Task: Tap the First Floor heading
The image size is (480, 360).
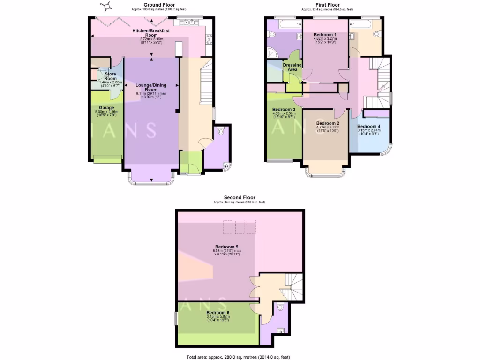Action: click(327, 5)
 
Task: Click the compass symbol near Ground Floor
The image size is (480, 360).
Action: click(107, 6)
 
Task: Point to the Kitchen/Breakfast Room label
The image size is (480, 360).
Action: click(151, 32)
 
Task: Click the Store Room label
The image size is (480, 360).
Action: click(110, 75)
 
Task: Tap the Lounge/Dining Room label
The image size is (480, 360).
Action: click(151, 87)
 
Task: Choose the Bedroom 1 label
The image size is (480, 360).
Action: click(325, 35)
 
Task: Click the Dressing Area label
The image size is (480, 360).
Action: click(292, 67)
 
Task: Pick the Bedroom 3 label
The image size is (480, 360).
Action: click(284, 110)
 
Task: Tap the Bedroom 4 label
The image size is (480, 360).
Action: click(368, 127)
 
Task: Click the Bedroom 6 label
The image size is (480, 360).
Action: click(217, 313)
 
